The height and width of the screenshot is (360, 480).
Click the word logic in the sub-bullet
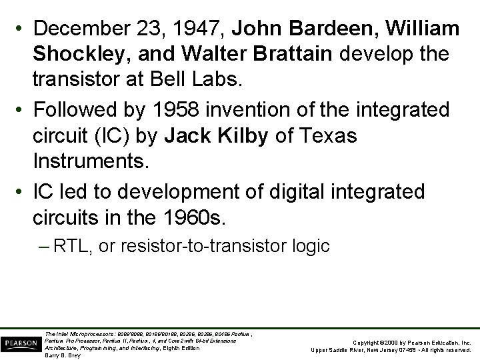(311, 246)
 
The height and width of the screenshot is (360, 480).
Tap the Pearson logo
(20, 343)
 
